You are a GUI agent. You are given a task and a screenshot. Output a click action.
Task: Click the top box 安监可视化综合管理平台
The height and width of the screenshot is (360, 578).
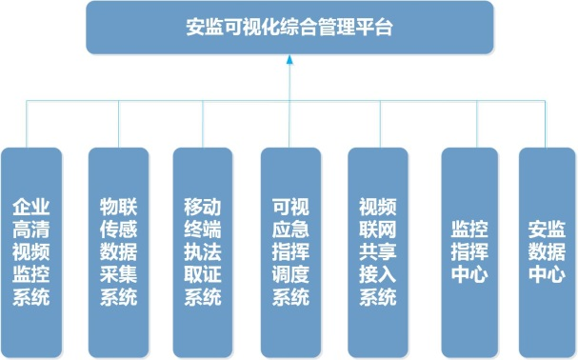(289, 28)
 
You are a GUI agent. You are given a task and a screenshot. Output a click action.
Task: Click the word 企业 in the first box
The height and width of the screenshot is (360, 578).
(32, 205)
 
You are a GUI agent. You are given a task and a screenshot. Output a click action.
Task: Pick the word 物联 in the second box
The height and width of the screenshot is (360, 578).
(118, 205)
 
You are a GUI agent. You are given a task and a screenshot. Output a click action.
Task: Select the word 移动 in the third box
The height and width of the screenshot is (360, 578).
(203, 205)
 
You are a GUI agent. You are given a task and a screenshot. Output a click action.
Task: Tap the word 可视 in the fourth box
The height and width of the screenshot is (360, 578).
(290, 205)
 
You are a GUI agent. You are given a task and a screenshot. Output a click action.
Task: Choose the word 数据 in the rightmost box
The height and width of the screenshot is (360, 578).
(547, 251)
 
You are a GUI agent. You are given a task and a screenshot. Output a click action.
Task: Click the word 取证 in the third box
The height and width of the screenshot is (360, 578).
(203, 274)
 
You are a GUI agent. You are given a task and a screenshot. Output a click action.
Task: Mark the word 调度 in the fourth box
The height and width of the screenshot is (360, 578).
(290, 274)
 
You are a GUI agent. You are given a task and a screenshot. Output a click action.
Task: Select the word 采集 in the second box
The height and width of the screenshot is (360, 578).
(118, 274)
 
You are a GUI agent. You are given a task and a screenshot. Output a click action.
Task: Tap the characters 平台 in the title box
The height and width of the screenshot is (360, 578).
(377, 28)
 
